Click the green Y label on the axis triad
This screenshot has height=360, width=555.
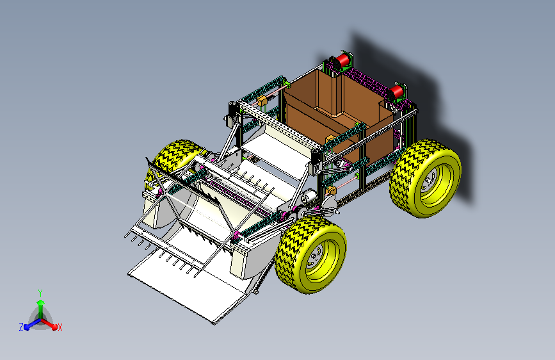[40, 293]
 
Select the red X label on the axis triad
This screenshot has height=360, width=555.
[60, 328]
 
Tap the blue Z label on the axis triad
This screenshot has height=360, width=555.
[21, 327]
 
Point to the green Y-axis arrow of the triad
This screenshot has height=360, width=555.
[41, 309]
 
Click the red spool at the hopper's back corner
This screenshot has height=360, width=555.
[342, 61]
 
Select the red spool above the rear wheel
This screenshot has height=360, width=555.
[397, 92]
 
